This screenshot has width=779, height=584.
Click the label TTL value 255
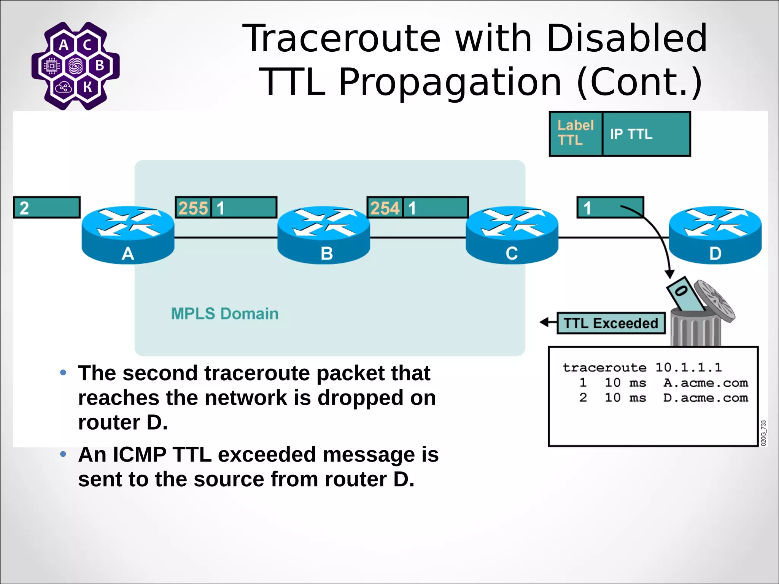coord(193,208)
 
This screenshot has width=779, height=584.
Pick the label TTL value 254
coord(385,208)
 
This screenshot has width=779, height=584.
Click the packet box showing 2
coord(46,208)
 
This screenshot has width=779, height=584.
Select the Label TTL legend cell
coord(576,133)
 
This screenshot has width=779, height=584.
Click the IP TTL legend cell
coord(646,134)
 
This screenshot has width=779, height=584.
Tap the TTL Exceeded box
coord(611,323)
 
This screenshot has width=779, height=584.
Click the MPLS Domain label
coord(224,314)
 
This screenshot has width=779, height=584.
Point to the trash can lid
coord(716,300)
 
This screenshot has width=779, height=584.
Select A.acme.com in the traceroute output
coord(706,382)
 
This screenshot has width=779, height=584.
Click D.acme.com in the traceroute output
coord(706,398)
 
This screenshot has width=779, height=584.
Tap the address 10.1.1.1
coord(688,367)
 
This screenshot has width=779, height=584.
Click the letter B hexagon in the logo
coord(100,65)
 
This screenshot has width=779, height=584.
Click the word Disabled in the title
coord(627,38)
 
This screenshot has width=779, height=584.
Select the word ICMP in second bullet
coord(139,454)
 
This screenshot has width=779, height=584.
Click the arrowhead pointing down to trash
coord(669,274)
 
